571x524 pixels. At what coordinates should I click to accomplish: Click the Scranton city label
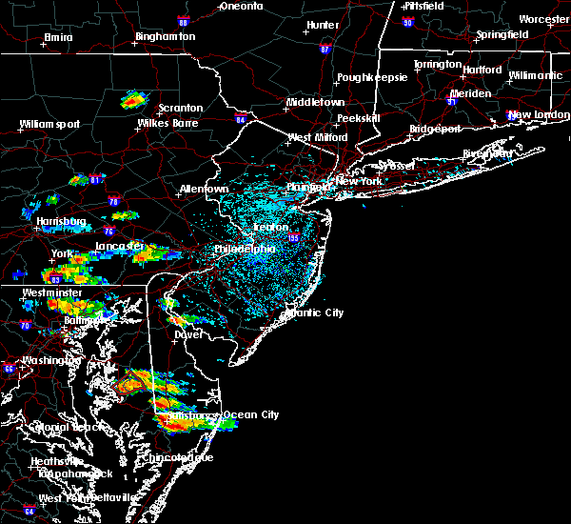pyautogui.click(x=179, y=108)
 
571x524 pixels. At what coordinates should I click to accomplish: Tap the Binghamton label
pyautogui.click(x=165, y=36)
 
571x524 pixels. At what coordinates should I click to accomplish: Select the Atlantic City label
pyautogui.click(x=315, y=312)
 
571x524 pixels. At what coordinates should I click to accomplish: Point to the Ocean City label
pyautogui.click(x=251, y=414)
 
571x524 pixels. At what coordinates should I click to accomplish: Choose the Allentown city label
pyautogui.click(x=204, y=189)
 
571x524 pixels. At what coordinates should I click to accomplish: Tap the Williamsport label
pyautogui.click(x=49, y=124)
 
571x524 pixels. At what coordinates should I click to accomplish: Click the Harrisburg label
pyautogui.click(x=63, y=222)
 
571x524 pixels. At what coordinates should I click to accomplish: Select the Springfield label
pyautogui.click(x=502, y=34)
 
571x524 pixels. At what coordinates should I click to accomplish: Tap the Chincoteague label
pyautogui.click(x=184, y=457)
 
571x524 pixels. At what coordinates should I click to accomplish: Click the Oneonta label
pyautogui.click(x=241, y=6)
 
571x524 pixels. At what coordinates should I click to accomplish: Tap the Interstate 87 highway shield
pyautogui.click(x=325, y=49)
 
